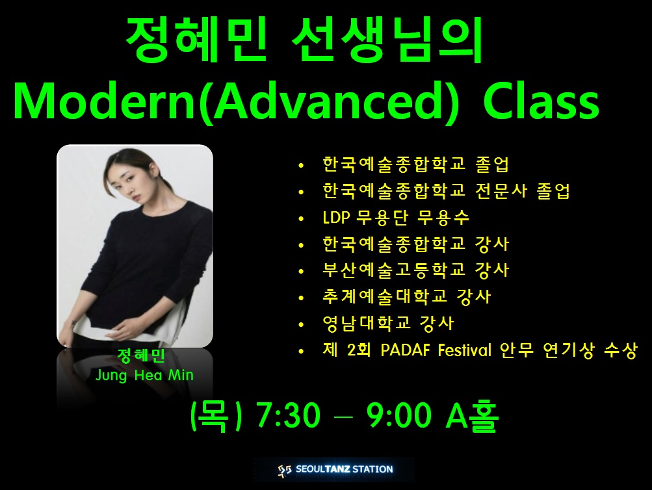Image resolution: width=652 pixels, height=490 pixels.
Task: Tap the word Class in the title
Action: (541, 101)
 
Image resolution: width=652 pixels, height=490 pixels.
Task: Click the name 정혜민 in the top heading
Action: (196, 39)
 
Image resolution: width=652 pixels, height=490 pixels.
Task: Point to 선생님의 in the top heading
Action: (387, 39)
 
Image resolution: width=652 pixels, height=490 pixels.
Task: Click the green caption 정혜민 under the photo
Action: (141, 355)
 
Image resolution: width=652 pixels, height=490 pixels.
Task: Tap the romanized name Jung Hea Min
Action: (145, 375)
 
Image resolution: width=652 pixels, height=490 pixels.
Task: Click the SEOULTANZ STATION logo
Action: (335, 470)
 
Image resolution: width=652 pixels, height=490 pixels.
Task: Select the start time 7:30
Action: (289, 415)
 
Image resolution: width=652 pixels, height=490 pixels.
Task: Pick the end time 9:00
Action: (398, 415)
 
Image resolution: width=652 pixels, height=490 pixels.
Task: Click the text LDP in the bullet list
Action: (336, 218)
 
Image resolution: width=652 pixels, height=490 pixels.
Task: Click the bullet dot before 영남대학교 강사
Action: (302, 324)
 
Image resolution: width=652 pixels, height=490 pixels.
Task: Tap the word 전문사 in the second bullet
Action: (501, 191)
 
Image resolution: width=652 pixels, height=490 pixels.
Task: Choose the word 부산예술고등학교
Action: (394, 270)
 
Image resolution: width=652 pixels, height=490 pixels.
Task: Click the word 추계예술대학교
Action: (385, 297)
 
